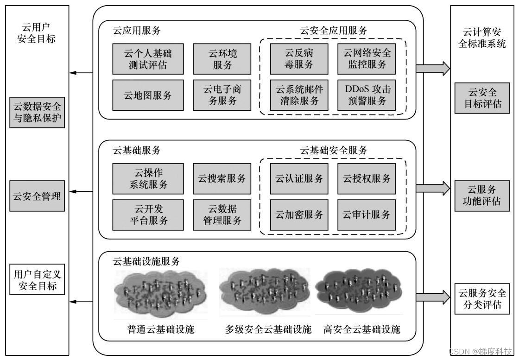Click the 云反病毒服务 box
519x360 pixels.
pyautogui.click(x=299, y=59)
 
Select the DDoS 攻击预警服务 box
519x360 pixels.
pyautogui.click(x=367, y=95)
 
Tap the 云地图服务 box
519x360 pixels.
pyautogui.click(x=142, y=95)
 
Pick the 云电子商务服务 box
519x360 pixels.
pyautogui.click(x=222, y=95)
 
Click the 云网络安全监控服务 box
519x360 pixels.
pyautogui.click(x=367, y=59)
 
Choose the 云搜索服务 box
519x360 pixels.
pyautogui.click(x=222, y=178)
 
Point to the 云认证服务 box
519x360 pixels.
pyautogui.click(x=299, y=178)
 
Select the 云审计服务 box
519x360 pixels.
pyautogui.click(x=367, y=215)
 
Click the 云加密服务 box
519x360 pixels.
pyautogui.click(x=299, y=215)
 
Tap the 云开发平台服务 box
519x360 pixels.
pyautogui.click(x=142, y=215)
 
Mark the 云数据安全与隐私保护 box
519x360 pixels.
pyautogui.click(x=37, y=113)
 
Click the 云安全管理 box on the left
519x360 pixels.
pyautogui.click(x=37, y=196)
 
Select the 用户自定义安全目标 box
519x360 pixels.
pyautogui.click(x=37, y=279)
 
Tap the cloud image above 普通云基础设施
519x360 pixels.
pyautogui.click(x=160, y=291)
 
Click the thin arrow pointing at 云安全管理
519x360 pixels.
pyautogui.click(x=81, y=191)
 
